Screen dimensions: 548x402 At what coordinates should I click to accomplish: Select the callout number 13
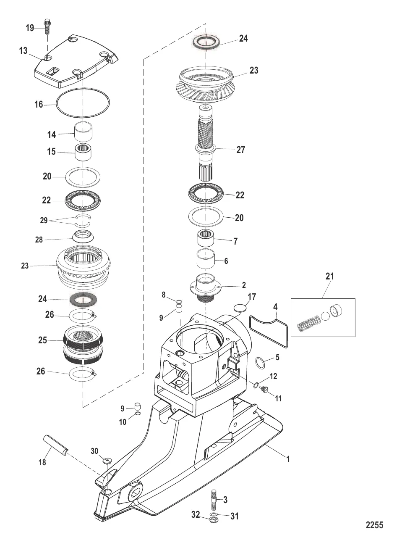[x=23, y=51]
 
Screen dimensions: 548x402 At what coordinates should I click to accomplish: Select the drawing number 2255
[x=374, y=524]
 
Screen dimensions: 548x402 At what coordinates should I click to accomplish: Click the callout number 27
[x=241, y=150]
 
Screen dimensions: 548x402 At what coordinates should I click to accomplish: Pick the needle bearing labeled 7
[x=206, y=242]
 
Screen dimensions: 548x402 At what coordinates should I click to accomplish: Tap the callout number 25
[x=43, y=340]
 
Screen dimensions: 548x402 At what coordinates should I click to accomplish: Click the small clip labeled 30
[x=107, y=461]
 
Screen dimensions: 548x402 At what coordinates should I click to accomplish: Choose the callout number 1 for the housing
[x=288, y=459]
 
